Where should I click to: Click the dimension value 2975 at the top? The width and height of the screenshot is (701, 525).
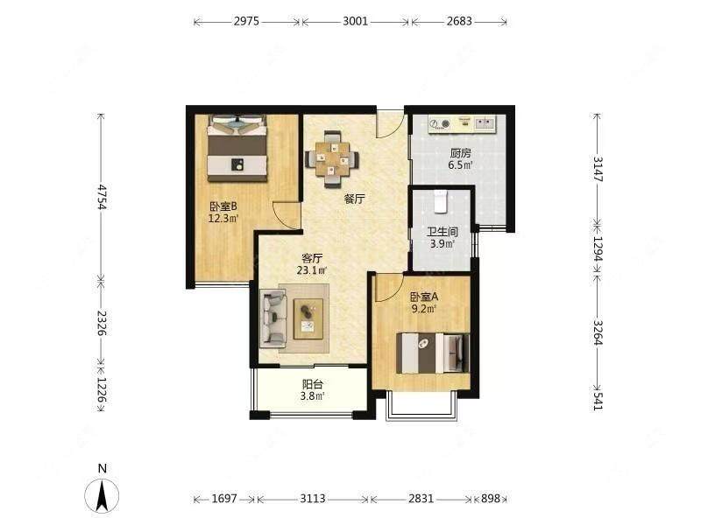click(x=246, y=21)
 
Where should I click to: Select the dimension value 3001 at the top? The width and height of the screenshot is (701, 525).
click(x=356, y=21)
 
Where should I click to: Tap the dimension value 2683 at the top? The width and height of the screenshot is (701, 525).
click(x=459, y=21)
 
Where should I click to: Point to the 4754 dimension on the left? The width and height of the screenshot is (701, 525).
click(x=103, y=196)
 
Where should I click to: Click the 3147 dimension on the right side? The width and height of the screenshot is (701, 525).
click(x=598, y=168)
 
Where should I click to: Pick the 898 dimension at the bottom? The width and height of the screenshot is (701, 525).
click(x=491, y=498)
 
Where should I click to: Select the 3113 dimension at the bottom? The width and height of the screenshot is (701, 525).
click(x=313, y=498)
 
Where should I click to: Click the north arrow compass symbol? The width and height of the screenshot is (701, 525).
click(x=102, y=494)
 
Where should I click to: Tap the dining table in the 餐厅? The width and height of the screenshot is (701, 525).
click(x=332, y=159)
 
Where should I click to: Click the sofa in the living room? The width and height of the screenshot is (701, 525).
click(x=273, y=318)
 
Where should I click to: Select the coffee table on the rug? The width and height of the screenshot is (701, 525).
click(x=308, y=318)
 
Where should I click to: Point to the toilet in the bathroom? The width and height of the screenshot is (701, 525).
click(x=441, y=200)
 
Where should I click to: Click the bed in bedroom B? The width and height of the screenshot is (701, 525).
click(x=237, y=148)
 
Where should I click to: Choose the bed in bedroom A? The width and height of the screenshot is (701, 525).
click(x=433, y=353)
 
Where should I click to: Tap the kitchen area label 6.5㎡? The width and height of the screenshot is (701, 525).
click(x=461, y=165)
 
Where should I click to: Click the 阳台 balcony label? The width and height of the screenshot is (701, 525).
click(x=313, y=384)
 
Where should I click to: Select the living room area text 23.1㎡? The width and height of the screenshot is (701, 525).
click(x=312, y=270)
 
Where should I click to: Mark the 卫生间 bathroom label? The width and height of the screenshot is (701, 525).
click(x=443, y=232)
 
